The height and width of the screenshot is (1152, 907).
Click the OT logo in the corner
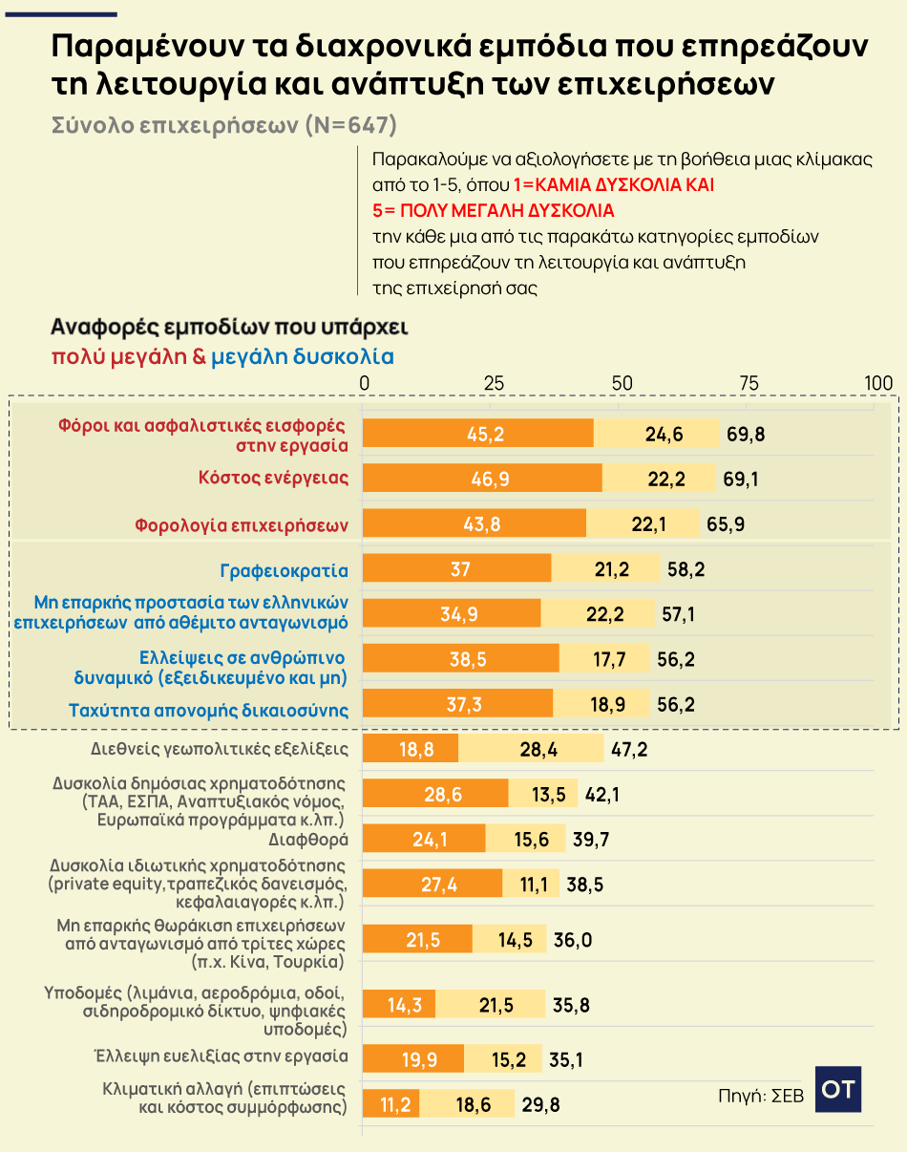coord(838,1089)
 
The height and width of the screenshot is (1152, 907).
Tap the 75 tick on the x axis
coord(749,383)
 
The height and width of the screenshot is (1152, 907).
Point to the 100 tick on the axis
coord(877,383)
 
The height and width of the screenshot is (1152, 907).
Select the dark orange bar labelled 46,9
coord(483,478)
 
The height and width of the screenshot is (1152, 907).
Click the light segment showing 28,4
coord(532,748)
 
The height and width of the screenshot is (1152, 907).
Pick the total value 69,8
coord(746,434)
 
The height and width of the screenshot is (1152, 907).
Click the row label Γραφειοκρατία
coord(284,571)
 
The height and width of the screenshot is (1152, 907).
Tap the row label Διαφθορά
coord(310,840)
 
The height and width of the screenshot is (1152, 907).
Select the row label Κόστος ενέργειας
coord(273,478)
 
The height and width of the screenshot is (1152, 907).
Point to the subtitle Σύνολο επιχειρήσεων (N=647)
coord(223,126)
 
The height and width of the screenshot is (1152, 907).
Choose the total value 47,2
coord(629,749)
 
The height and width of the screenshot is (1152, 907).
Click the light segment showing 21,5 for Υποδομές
coord(490,1004)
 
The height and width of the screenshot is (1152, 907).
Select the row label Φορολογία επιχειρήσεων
coord(241,524)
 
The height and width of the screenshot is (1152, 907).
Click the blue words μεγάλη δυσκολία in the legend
coord(303,357)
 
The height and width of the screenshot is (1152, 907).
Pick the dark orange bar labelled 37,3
coord(458,704)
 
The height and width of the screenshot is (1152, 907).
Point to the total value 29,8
coord(540,1105)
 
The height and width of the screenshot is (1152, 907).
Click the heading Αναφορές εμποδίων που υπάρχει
coord(229,327)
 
